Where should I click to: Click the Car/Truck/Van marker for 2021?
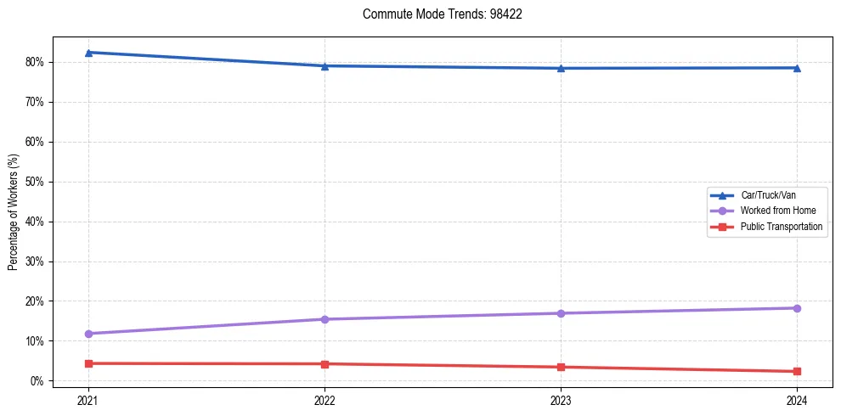pyautogui.click(x=88, y=53)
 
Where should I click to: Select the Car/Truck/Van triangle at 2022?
pyautogui.click(x=325, y=66)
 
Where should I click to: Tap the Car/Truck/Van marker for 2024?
pyautogui.click(x=797, y=68)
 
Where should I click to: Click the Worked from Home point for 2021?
pyautogui.click(x=88, y=334)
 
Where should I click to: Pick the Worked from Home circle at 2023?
pyautogui.click(x=561, y=313)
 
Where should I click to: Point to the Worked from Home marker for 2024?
pyautogui.click(x=797, y=308)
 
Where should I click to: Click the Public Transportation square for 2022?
pyautogui.click(x=325, y=364)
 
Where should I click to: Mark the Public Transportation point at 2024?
pyautogui.click(x=797, y=371)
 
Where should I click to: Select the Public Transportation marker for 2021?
pyautogui.click(x=88, y=363)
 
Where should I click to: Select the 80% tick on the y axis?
pyautogui.click(x=35, y=62)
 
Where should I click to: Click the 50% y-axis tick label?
pyautogui.click(x=35, y=182)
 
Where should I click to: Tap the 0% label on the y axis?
pyautogui.click(x=37, y=381)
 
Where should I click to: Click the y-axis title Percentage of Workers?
pyautogui.click(x=14, y=212)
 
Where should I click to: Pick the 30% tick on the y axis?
pyautogui.click(x=35, y=261)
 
